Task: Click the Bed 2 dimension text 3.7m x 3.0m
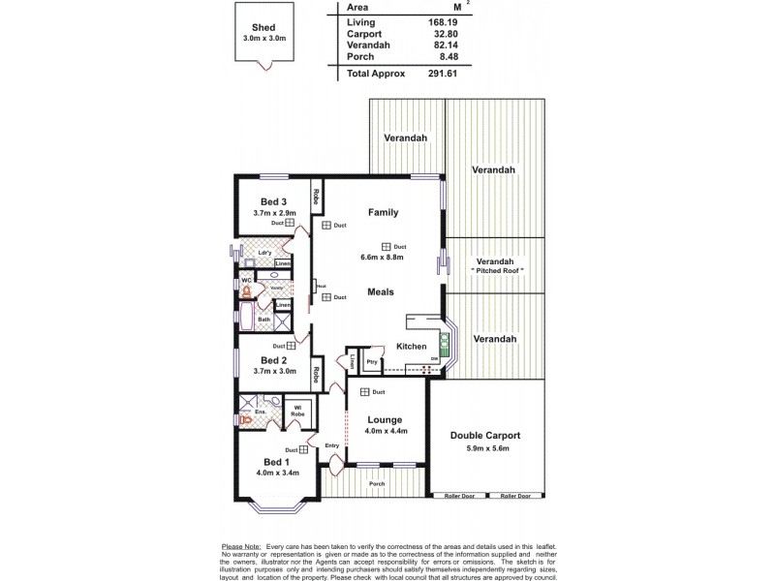pyautogui.click(x=271, y=370)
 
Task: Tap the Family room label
pyautogui.click(x=383, y=212)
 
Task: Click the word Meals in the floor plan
pyautogui.click(x=381, y=290)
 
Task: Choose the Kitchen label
pyautogui.click(x=412, y=347)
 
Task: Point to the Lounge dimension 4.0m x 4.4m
pyautogui.click(x=385, y=431)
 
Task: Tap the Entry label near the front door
pyautogui.click(x=333, y=446)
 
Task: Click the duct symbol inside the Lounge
pyautogui.click(x=365, y=391)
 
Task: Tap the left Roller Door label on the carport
pyautogui.click(x=459, y=495)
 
